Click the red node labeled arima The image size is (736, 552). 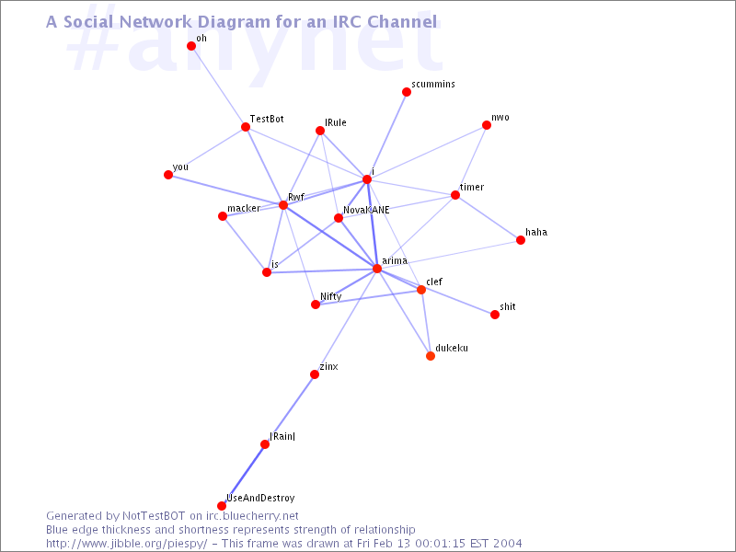[377, 269]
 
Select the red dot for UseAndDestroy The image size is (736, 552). [222, 506]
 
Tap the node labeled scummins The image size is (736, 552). [407, 92]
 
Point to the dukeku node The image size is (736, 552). [431, 356]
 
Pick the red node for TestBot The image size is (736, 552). [246, 127]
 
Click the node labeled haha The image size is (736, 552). [521, 240]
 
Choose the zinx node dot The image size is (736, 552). [315, 374]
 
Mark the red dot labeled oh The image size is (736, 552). [191, 46]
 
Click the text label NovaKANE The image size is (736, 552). [366, 211]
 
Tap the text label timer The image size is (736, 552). [472, 187]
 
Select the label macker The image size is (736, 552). [244, 208]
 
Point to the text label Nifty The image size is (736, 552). [331, 296]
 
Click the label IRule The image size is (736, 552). [336, 122]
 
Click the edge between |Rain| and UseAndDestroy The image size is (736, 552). [244, 475]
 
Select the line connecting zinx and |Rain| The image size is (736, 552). [290, 409]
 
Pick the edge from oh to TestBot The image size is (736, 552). [218, 86]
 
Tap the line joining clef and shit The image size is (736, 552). [458, 303]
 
